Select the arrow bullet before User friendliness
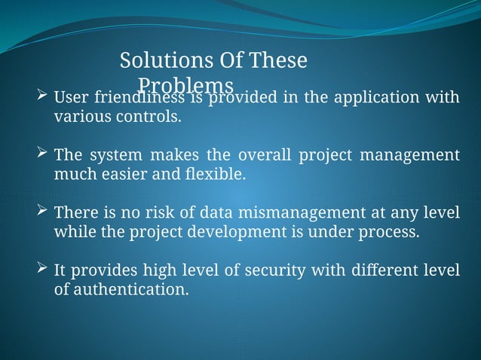pyautogui.click(x=43, y=97)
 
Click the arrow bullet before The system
pyautogui.click(x=43, y=154)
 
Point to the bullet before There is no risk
pyautogui.click(x=43, y=212)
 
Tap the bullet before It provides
pyautogui.click(x=43, y=269)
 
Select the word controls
pyautogui.click(x=154, y=117)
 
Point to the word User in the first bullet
pyautogui.click(x=70, y=98)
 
